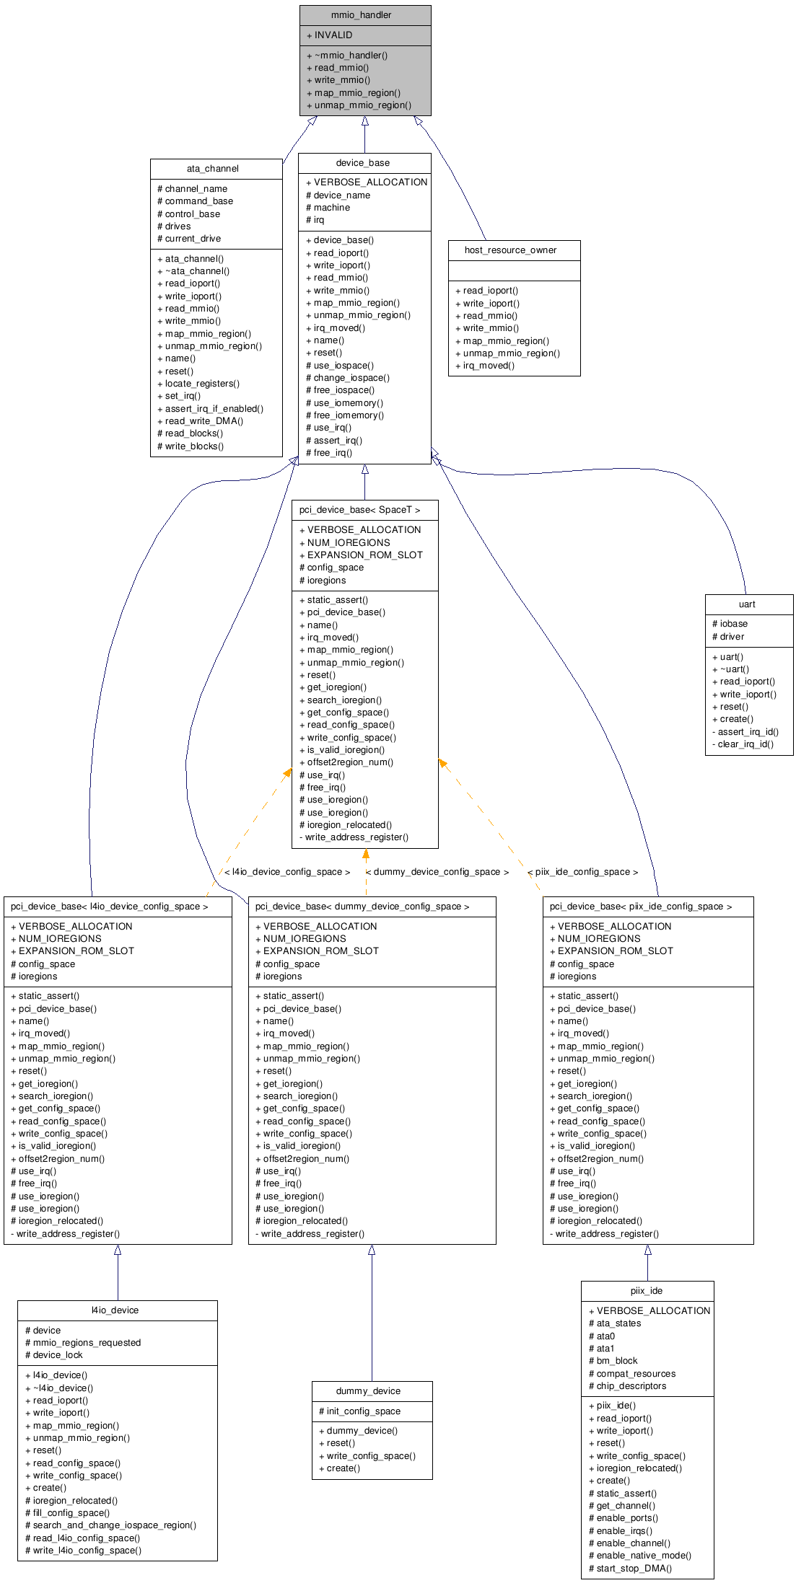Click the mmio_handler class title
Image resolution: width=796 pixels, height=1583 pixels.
coord(361,15)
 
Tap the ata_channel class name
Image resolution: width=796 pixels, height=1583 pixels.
coord(212,169)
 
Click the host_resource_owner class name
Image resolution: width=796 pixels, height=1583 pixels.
coord(510,250)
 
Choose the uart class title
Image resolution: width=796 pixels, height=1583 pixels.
coord(747,604)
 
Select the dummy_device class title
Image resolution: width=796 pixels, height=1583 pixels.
coord(368,1391)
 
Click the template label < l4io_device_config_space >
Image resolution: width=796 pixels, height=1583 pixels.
coord(287,872)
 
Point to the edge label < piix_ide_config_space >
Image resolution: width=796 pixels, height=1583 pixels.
coord(582,872)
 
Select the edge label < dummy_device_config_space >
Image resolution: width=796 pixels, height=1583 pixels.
coord(437,872)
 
